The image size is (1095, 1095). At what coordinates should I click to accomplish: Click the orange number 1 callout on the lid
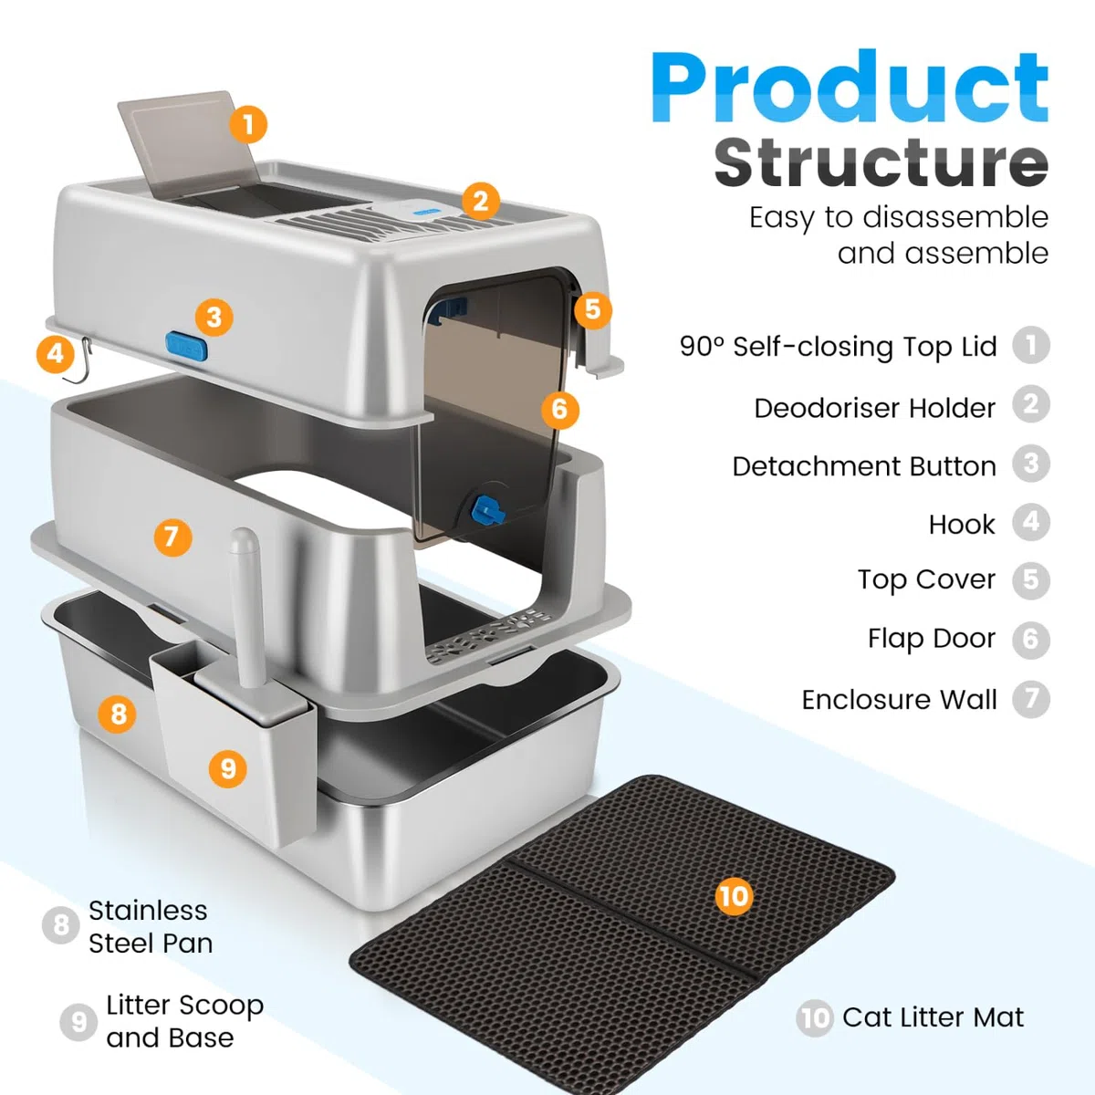[x=248, y=124]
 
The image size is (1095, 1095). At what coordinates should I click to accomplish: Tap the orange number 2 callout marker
[x=481, y=201]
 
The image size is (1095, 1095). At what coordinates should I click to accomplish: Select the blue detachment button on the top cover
[x=186, y=347]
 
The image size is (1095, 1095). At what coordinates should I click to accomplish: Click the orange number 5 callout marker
[x=593, y=309]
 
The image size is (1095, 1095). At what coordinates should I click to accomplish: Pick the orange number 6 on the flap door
[x=559, y=409]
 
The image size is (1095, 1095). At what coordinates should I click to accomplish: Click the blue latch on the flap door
[x=487, y=509]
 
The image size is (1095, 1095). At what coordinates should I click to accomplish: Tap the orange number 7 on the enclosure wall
[x=172, y=537]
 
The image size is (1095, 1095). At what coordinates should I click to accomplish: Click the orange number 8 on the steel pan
[x=117, y=714]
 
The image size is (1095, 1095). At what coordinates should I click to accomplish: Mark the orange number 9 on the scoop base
[x=228, y=769]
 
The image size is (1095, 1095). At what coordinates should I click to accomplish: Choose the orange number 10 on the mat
[x=734, y=896]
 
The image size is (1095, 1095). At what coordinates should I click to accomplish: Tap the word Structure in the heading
[x=881, y=162]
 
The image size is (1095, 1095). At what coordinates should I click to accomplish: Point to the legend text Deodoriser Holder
[x=874, y=408]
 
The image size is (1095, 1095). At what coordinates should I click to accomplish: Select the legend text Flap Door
[x=932, y=638]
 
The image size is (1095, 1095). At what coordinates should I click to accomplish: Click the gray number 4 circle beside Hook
[x=1031, y=522]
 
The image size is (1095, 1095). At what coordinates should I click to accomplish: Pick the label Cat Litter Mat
[x=933, y=1017]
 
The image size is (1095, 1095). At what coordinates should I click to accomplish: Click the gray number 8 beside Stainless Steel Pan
[x=60, y=924]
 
